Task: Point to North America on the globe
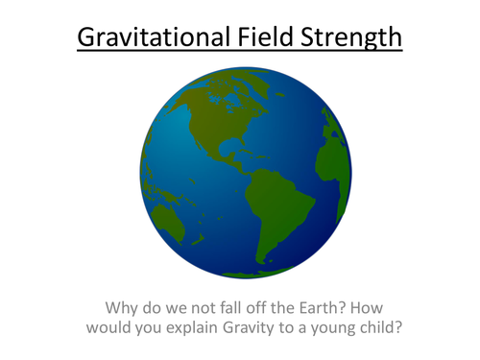tap(217, 125)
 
